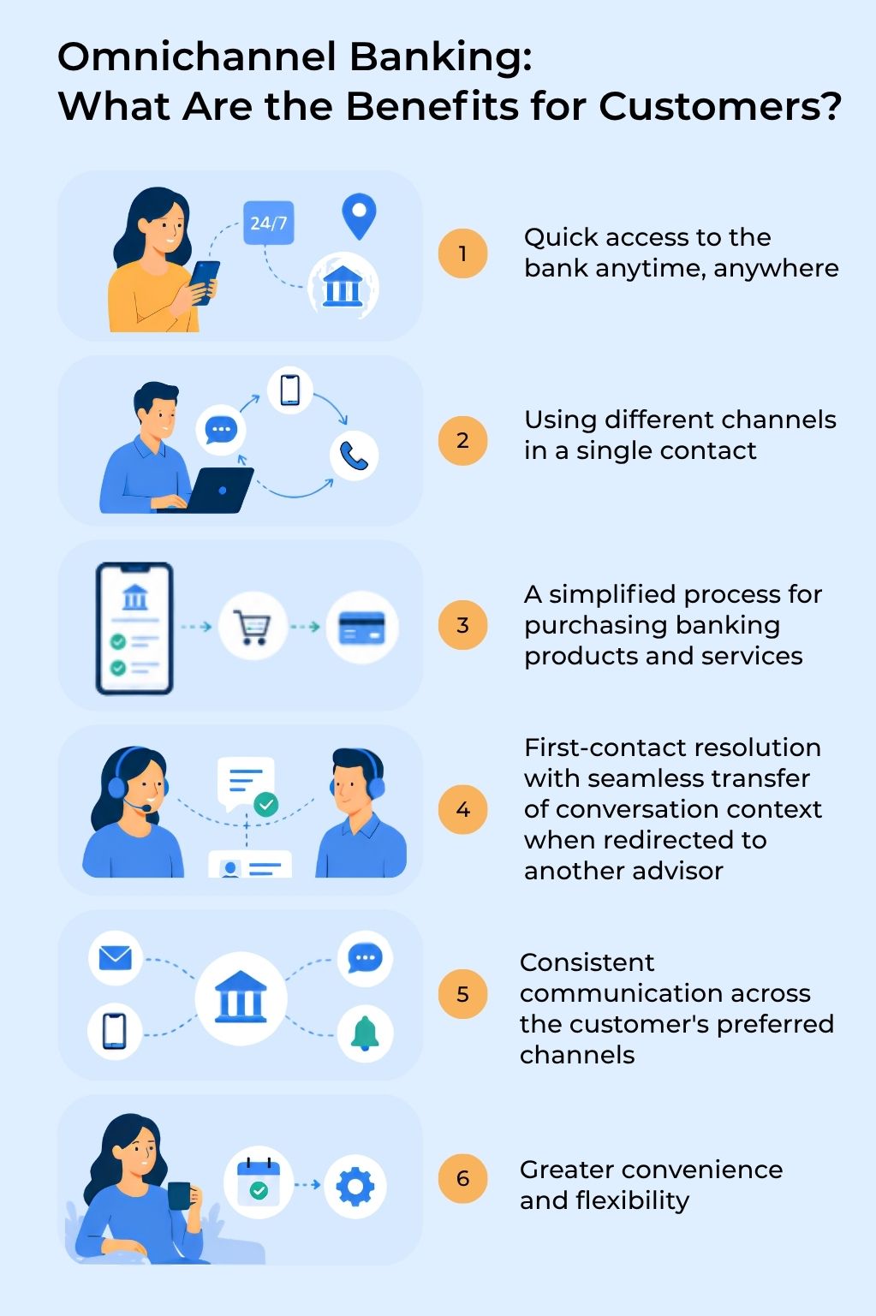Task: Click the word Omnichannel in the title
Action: tap(198, 57)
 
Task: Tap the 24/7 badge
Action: tap(269, 223)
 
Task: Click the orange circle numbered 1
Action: tap(463, 253)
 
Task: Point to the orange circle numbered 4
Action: tap(463, 810)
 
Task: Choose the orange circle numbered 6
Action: tap(463, 1178)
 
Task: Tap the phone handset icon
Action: tap(354, 456)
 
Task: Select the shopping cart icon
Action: tap(253, 627)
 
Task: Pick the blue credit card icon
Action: tap(362, 628)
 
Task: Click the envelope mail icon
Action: tap(115, 958)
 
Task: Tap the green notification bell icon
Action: tap(365, 1033)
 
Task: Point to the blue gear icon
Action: tap(355, 1186)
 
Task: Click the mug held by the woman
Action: tap(180, 1195)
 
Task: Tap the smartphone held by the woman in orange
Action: tap(205, 283)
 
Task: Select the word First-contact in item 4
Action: tap(605, 747)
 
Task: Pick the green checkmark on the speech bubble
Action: tap(266, 804)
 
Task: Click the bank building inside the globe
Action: tap(343, 285)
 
